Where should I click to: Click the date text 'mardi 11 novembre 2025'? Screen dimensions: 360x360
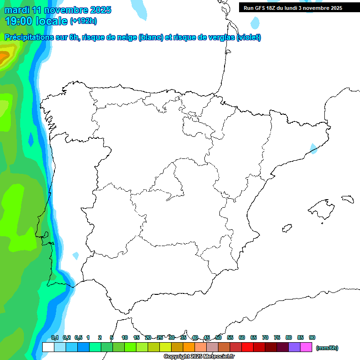[x=58, y=10]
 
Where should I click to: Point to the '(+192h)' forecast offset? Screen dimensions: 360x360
[x=83, y=21]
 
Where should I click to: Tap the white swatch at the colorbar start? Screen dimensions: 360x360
[x=48, y=347]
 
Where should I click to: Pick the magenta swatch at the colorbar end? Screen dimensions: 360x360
[x=306, y=347]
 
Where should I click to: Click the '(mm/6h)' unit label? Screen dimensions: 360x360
[x=327, y=348]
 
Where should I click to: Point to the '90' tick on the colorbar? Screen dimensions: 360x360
[x=312, y=337]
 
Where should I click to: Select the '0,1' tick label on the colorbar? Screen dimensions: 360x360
[x=55, y=337]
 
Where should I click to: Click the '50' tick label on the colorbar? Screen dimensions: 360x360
[x=218, y=337]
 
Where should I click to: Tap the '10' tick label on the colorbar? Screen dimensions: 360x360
[x=125, y=337]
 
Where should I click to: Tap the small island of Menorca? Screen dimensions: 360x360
[x=347, y=199]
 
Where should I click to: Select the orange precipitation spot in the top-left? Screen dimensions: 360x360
[x=4, y=57]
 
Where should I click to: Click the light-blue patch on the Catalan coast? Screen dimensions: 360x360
[x=313, y=149]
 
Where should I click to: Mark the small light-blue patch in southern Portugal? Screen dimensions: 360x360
[x=76, y=256]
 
